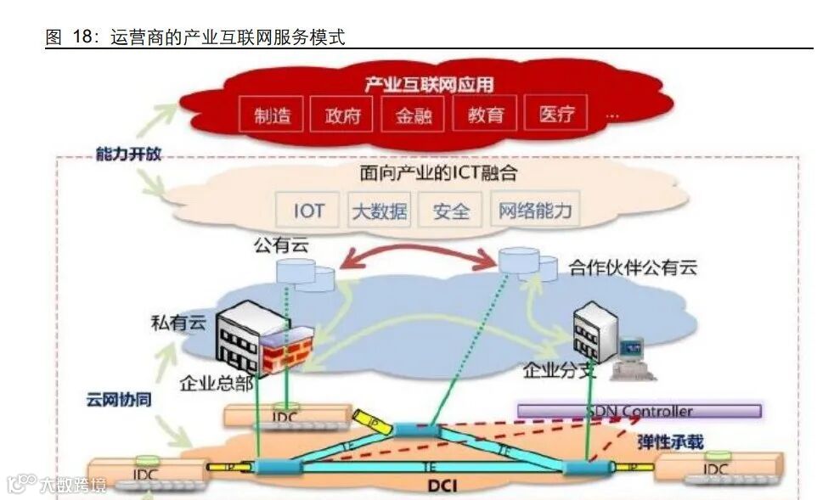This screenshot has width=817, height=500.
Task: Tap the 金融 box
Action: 414,115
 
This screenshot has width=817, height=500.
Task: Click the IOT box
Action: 308,210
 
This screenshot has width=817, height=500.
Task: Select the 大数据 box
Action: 379,211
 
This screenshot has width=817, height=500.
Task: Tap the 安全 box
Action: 450,211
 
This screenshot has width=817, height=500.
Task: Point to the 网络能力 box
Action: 535,211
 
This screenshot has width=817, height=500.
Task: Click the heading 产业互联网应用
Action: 429,84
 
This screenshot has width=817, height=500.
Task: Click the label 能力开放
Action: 128,154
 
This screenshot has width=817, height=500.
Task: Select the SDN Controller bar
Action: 640,412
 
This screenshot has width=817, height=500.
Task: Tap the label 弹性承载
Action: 670,441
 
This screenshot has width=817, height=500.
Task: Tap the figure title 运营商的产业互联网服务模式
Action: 228,38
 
